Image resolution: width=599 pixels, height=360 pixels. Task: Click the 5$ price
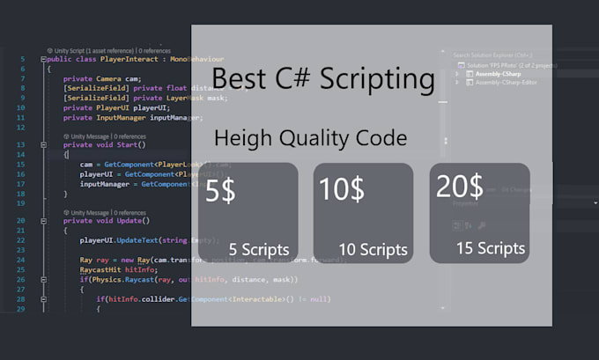tap(220, 191)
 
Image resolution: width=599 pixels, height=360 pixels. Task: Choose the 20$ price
tap(460, 186)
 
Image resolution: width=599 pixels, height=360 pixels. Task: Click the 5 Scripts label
tap(258, 249)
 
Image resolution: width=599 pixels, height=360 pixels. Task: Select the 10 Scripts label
tap(373, 249)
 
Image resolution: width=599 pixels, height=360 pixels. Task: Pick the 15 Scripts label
tap(491, 248)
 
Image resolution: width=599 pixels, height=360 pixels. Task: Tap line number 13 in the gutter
tap(20, 144)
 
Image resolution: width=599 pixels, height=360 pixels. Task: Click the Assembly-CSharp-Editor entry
tap(507, 83)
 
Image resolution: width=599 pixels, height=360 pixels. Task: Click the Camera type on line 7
tap(103, 78)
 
